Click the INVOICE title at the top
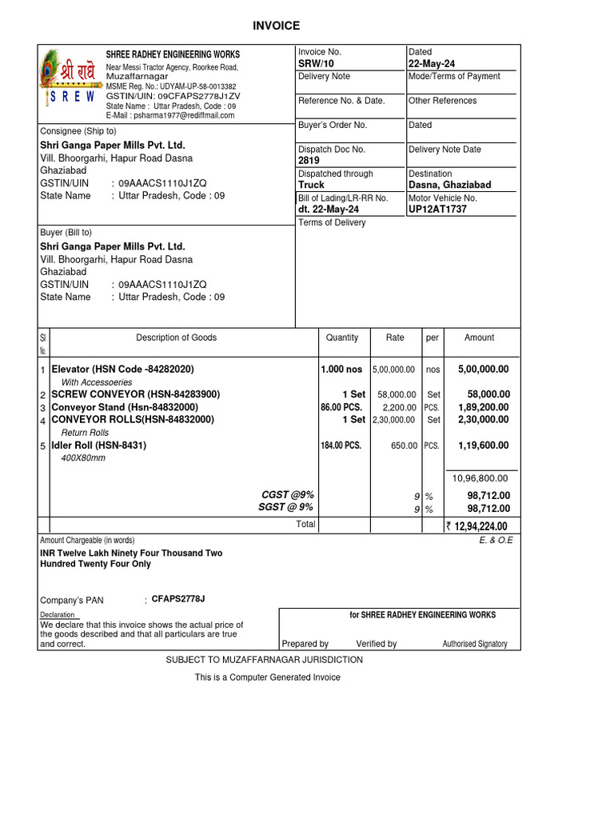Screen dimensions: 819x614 (x=276, y=26)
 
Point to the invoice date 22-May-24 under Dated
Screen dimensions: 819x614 (x=437, y=64)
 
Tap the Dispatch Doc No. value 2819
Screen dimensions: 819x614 (x=309, y=161)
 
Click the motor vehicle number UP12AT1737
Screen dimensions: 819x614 (x=437, y=210)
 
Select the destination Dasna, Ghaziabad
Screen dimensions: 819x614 (x=449, y=185)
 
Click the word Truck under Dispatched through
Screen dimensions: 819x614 (x=311, y=185)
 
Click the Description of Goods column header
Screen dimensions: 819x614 (x=176, y=338)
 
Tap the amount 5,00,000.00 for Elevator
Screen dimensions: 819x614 (x=483, y=370)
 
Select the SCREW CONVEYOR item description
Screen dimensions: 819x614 (x=135, y=394)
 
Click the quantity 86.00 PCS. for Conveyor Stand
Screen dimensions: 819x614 (x=341, y=407)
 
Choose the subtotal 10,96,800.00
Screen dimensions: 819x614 (x=480, y=478)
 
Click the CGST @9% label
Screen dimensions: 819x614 (x=288, y=495)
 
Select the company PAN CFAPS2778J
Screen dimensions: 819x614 (x=178, y=599)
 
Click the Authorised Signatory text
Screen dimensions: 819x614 (x=474, y=644)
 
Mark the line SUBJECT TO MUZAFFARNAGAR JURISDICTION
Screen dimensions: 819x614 (x=264, y=660)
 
